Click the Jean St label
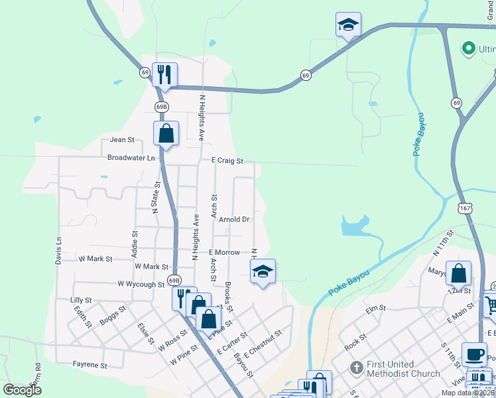click(122, 140)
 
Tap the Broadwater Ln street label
click(131, 158)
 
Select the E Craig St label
click(227, 161)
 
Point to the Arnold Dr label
click(235, 220)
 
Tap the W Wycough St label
click(141, 284)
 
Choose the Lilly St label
click(80, 300)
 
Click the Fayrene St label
click(90, 365)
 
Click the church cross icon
click(356, 367)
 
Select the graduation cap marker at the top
click(348, 25)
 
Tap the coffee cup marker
click(473, 354)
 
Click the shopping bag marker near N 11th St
click(458, 273)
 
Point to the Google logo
click(23, 390)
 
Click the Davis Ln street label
click(58, 251)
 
